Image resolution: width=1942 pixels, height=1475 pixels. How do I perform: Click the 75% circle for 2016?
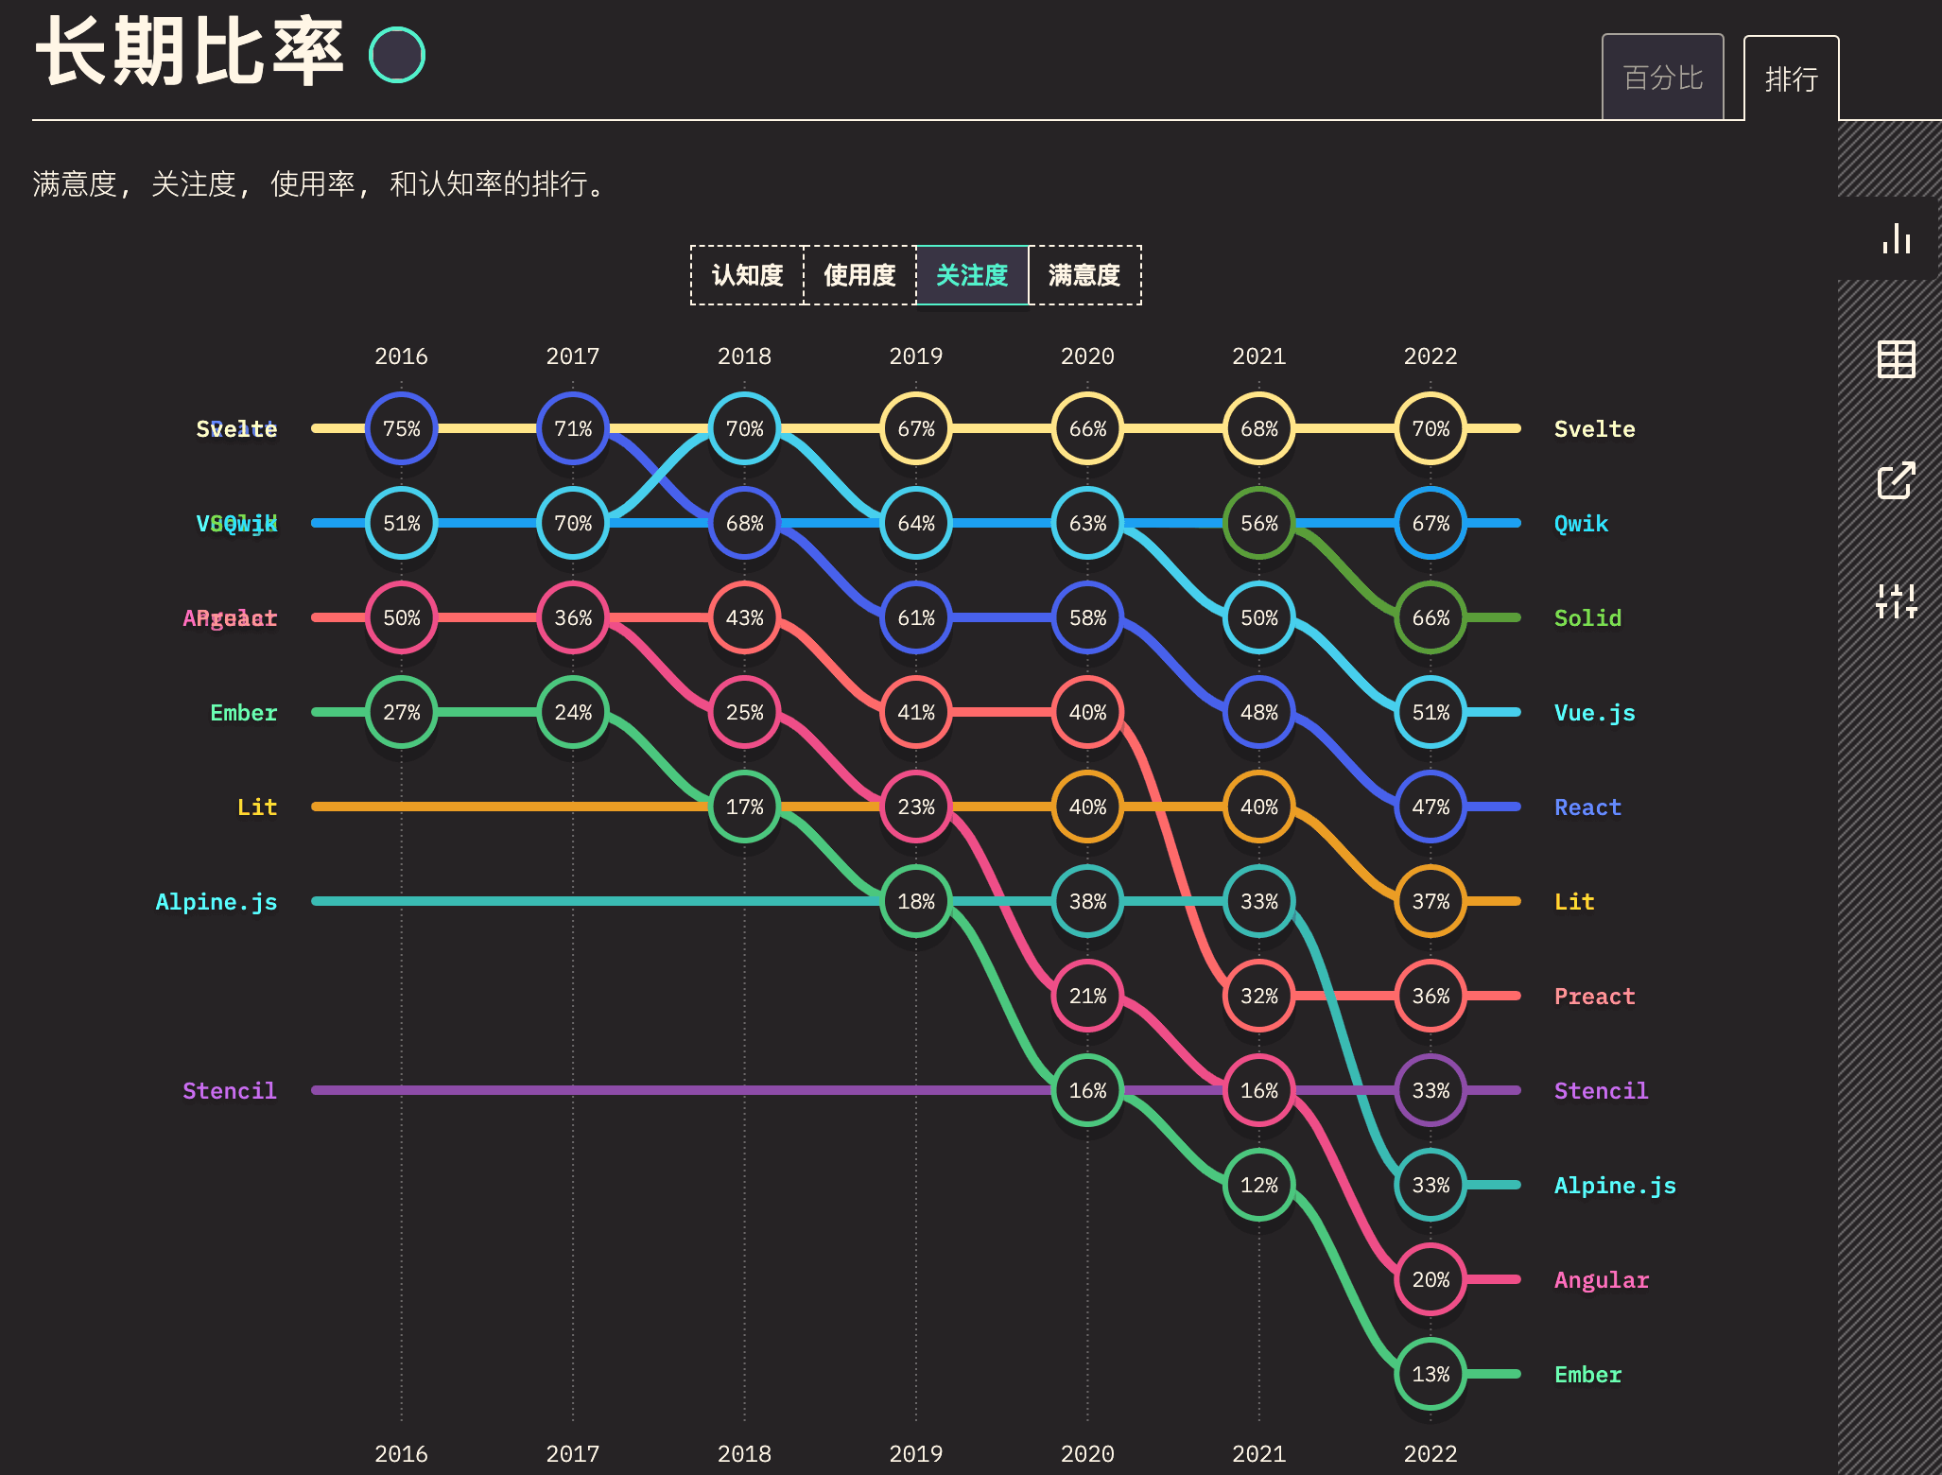[401, 428]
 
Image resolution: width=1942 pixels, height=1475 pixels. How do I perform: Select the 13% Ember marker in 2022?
[1430, 1374]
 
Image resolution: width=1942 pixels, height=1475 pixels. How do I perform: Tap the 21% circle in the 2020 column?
[1087, 996]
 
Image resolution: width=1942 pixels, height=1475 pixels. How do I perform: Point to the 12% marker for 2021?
[1258, 1185]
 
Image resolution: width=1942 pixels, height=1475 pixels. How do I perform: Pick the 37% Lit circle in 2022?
[1430, 901]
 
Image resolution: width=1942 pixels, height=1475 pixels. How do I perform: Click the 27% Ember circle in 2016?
[401, 712]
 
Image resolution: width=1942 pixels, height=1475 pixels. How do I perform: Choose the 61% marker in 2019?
[915, 617]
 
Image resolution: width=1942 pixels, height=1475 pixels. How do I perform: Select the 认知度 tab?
[747, 275]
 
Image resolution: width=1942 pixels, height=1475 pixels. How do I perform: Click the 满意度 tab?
[1084, 275]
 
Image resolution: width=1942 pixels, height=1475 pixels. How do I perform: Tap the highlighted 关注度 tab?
[972, 275]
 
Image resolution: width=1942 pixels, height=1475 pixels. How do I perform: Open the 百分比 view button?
[1662, 78]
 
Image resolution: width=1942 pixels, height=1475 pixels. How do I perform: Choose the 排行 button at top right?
[1791, 79]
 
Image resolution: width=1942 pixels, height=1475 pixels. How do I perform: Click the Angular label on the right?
[1601, 1279]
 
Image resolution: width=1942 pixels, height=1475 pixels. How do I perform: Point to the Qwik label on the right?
[1581, 523]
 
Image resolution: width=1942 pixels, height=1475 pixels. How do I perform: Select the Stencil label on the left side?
[229, 1090]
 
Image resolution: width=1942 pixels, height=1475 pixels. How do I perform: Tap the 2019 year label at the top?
[915, 356]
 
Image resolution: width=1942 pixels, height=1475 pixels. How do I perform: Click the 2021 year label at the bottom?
[1258, 1453]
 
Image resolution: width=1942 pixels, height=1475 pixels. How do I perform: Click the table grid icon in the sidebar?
[1896, 359]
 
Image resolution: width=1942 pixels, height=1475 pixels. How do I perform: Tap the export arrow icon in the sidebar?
[1896, 480]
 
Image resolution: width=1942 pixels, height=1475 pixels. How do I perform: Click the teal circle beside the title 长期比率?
[397, 55]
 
